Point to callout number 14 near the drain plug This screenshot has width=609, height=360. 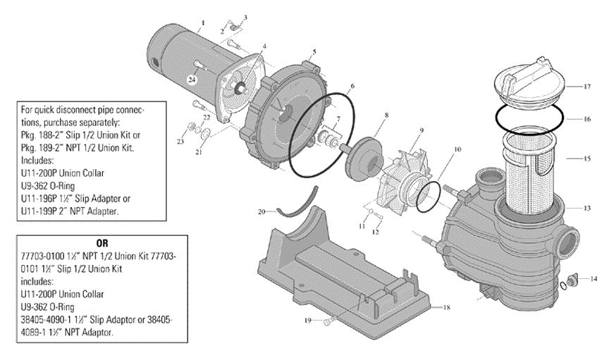[591, 279]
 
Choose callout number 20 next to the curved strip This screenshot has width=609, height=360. [261, 211]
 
